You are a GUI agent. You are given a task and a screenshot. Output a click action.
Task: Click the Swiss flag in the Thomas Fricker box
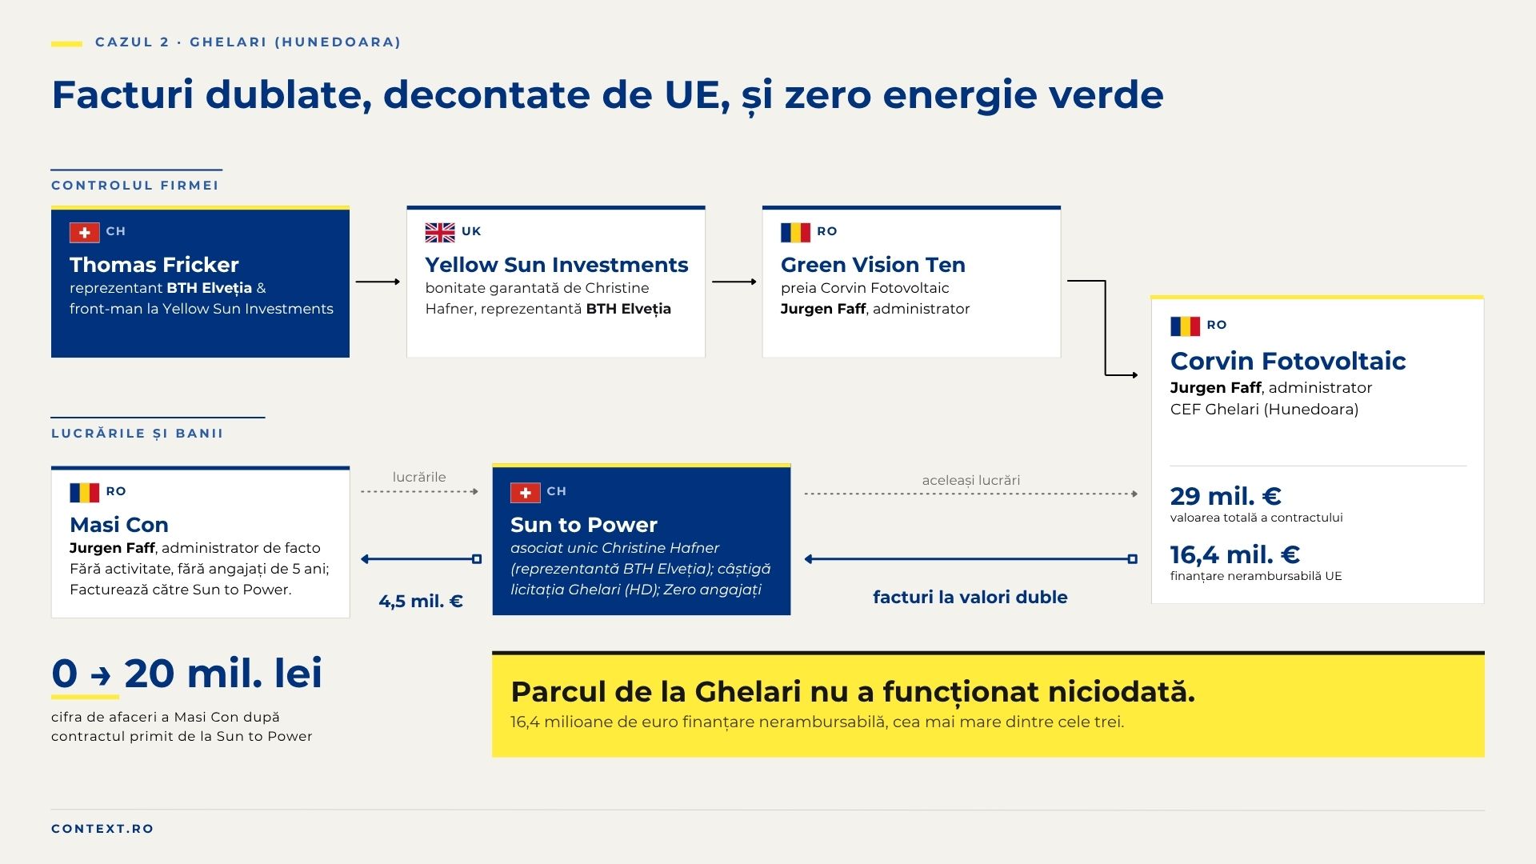(85, 232)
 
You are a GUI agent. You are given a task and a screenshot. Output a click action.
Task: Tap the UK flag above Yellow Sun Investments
(440, 232)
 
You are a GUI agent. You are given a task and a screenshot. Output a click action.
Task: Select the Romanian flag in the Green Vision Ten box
(795, 232)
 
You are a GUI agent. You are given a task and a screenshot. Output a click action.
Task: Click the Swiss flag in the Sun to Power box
(526, 492)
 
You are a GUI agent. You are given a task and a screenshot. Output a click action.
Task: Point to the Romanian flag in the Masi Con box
(85, 492)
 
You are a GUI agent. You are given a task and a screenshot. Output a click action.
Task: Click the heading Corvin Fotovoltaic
(1288, 361)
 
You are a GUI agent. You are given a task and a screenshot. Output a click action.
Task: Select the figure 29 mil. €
(1226, 496)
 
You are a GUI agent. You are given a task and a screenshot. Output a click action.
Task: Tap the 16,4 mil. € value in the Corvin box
(1234, 554)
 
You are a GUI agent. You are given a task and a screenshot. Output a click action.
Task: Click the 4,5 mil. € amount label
(421, 601)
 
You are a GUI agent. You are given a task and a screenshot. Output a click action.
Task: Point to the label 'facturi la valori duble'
(970, 597)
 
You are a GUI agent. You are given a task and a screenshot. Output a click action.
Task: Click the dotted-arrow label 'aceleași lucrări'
(971, 480)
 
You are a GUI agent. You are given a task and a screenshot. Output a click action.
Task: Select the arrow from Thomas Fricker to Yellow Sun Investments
(378, 282)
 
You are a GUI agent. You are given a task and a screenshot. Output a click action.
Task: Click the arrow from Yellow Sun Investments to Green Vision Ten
(734, 282)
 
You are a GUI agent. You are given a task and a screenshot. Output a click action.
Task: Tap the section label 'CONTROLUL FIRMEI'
(135, 186)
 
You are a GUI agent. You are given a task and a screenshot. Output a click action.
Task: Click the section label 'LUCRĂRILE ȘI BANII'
(138, 433)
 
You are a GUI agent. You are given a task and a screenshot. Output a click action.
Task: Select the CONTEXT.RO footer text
(102, 829)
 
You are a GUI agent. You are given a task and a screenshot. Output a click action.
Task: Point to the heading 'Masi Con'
(119, 525)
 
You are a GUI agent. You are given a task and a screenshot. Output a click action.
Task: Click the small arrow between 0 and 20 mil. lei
(101, 676)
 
